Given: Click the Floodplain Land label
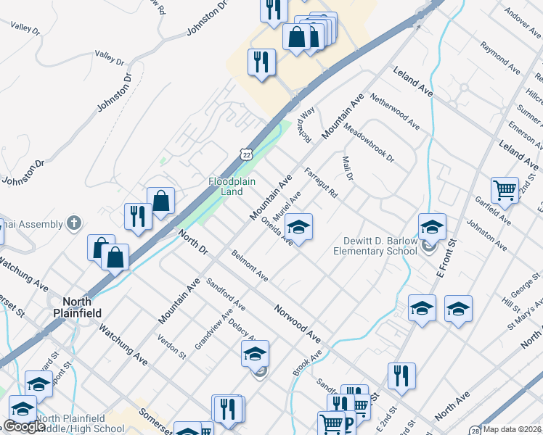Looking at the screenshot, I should coord(232,186).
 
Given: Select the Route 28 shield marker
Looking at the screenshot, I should coord(474,429).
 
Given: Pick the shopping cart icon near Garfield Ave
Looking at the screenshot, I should coord(505,190).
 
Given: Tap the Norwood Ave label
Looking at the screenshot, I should coord(298,323).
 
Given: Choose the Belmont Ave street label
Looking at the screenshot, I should coord(250,267).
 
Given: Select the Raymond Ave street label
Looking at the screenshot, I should coord(500,60).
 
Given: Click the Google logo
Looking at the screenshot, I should coord(24,426).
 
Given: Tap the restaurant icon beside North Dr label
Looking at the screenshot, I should coord(136,216).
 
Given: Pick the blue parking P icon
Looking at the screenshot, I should coord(348,424).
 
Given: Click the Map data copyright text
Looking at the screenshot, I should coord(511,429).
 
